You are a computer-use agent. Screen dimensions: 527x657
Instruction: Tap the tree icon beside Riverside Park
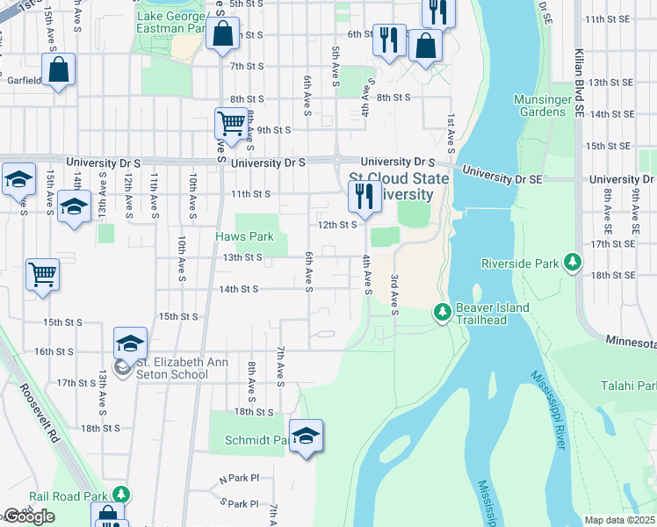coord(573,263)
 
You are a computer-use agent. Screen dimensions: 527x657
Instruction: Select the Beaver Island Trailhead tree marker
coord(443,312)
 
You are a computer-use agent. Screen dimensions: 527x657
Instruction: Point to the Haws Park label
coord(245,236)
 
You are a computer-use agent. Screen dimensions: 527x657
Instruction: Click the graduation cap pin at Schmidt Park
coord(306,436)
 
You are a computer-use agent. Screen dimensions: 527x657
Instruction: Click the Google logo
coord(29,516)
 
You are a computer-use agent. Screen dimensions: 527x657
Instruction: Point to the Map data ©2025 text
coord(619,520)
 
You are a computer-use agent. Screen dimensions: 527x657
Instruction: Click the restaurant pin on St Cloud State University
coord(364,196)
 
